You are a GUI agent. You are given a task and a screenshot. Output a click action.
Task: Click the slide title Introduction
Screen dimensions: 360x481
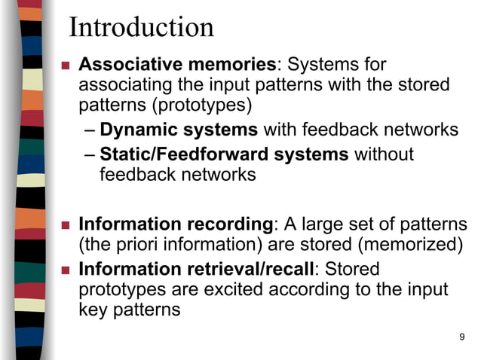[141, 28]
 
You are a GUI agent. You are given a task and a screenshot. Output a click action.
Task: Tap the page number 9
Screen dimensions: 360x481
[461, 336]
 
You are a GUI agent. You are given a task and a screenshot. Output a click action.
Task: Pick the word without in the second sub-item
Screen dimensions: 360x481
[384, 154]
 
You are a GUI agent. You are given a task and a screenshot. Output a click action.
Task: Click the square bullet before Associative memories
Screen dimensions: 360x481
[65, 66]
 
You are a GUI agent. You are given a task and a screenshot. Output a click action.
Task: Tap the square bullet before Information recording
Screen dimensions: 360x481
[65, 225]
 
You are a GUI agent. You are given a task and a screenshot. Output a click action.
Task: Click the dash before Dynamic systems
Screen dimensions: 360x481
[90, 130]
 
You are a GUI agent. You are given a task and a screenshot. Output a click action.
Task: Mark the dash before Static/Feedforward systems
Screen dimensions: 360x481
[90, 155]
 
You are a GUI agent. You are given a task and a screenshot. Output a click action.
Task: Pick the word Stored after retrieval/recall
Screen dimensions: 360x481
[352, 269]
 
